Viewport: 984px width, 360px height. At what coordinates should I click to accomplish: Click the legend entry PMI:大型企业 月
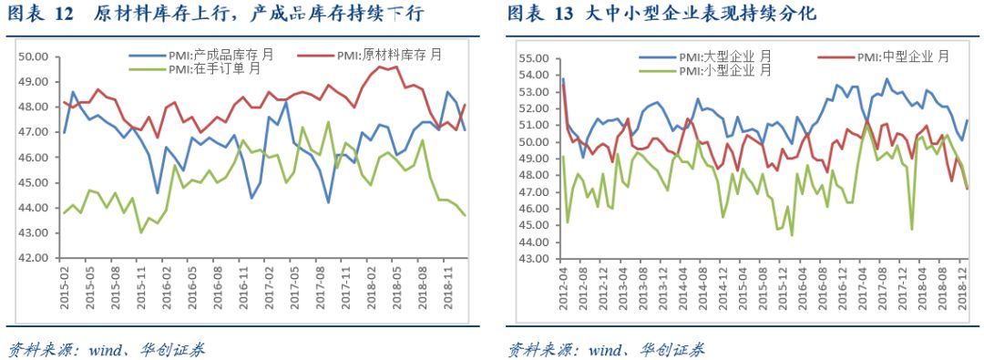(x=724, y=57)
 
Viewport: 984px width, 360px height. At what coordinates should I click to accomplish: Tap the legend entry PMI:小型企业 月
(x=724, y=70)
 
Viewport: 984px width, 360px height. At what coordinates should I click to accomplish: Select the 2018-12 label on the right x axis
(x=964, y=290)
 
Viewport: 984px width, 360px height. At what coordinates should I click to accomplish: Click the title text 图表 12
(x=41, y=15)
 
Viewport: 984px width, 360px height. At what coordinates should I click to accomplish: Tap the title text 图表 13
(x=540, y=15)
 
